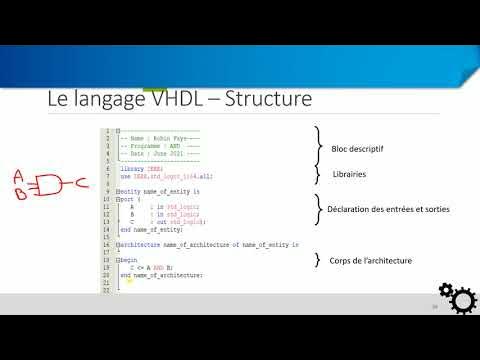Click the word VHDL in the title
point(180,100)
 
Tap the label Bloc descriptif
point(357,149)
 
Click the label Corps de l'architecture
point(371,261)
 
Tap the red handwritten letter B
point(19,193)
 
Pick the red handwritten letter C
point(82,183)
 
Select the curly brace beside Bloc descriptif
point(319,145)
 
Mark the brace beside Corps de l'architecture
point(319,261)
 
